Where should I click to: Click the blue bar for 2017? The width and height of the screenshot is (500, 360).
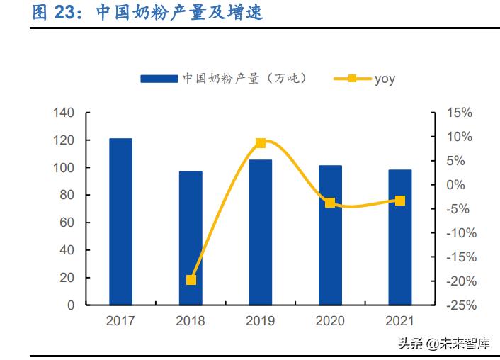point(120,222)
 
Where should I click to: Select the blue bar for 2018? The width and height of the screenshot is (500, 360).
point(191,238)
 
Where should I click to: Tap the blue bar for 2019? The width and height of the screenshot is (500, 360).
point(261,232)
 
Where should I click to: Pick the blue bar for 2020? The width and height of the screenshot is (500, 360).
point(330,235)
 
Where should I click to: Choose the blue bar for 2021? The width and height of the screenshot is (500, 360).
point(400,237)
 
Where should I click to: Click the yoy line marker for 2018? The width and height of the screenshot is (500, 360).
point(191,280)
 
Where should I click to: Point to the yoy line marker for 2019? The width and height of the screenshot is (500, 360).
point(261,143)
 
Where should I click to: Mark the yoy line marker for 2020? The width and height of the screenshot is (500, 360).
point(330,203)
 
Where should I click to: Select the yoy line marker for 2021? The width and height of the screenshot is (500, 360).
point(400,201)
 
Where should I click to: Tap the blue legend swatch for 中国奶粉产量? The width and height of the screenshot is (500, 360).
point(159,79)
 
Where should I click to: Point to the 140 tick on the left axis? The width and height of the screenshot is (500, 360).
point(64,113)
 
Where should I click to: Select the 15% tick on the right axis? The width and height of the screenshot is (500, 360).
point(459,113)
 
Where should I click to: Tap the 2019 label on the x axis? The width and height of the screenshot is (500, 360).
point(261,321)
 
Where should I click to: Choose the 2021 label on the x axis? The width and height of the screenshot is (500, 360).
point(400,321)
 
